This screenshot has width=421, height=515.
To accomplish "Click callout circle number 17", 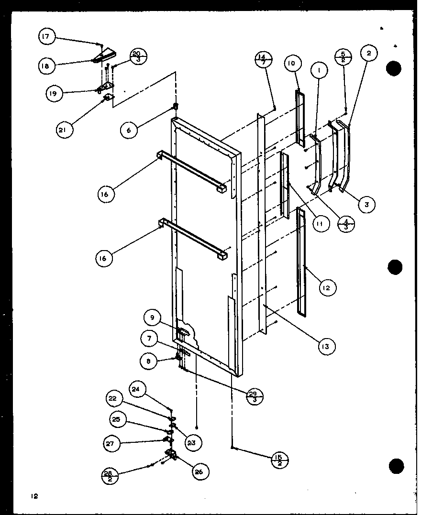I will click(47, 36).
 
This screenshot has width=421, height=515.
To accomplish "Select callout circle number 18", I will click(45, 66).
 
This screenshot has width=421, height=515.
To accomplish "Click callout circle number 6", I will click(129, 130).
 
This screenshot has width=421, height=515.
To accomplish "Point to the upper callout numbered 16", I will click(105, 194).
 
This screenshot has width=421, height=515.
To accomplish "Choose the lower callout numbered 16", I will click(104, 258).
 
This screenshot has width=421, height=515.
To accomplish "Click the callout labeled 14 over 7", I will click(263, 60).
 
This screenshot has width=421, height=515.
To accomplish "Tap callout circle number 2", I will click(369, 54).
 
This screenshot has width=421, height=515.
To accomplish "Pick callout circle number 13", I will click(326, 346).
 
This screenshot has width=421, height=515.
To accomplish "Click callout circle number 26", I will click(199, 472).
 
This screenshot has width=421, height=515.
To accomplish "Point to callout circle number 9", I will click(151, 317).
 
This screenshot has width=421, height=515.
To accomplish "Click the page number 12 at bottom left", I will click(34, 496).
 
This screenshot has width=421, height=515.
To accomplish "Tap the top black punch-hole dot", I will click(394, 68).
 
